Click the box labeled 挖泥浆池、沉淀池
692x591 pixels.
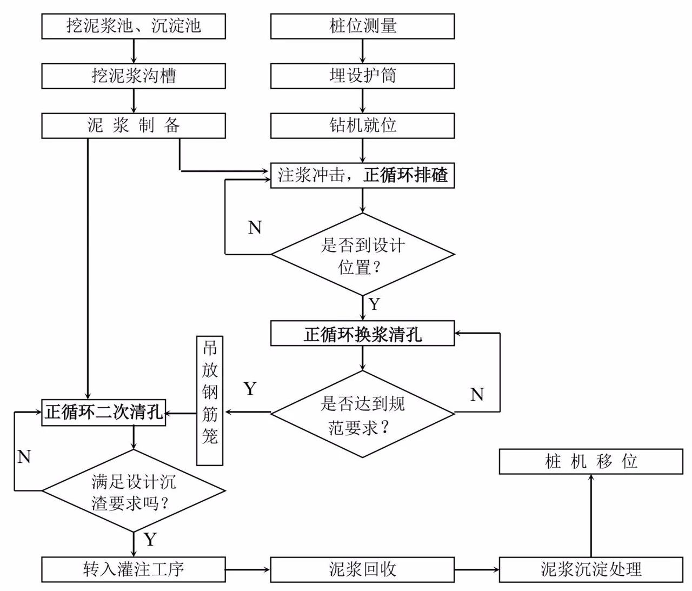tap(133, 26)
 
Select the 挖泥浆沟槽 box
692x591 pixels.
tap(133, 76)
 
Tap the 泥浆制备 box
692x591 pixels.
tap(133, 125)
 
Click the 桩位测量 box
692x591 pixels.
tap(362, 26)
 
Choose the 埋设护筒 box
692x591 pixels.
tap(362, 76)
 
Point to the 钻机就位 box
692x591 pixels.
tap(362, 125)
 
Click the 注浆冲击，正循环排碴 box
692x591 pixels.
tap(362, 175)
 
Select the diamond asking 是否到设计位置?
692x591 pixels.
tap(362, 255)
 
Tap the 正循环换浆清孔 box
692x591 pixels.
tap(362, 333)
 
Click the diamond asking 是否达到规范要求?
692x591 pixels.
tap(362, 414)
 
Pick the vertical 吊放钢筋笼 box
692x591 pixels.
tap(210, 401)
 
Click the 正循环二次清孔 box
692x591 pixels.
tap(103, 413)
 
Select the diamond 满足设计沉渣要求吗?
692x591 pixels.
tap(133, 491)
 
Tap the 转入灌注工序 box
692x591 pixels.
tap(133, 570)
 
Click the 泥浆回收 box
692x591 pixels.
tap(362, 570)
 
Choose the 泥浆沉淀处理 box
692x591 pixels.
tap(591, 570)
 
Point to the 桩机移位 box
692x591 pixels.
tap(591, 462)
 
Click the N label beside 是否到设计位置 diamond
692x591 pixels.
tap(255, 227)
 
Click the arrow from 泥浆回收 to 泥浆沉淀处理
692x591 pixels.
tap(477, 570)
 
